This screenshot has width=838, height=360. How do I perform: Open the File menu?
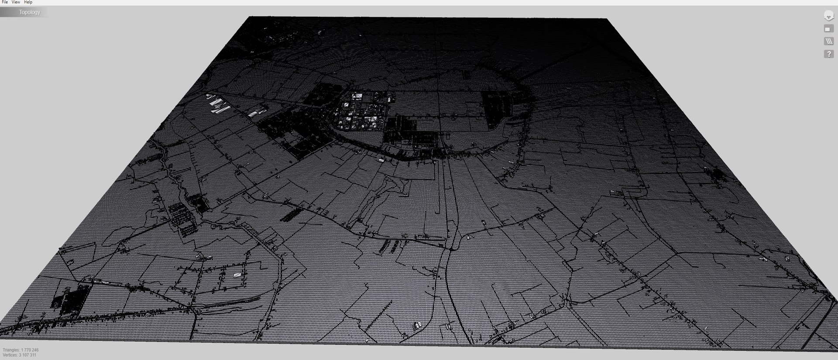pos(5,2)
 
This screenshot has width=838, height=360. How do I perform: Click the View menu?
pos(16,2)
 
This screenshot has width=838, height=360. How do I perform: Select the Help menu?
pos(28,2)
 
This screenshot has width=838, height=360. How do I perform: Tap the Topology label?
pos(29,12)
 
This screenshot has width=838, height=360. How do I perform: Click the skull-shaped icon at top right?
pos(828,16)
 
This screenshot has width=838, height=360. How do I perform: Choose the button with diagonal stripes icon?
pos(828,41)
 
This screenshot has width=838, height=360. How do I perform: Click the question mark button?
pos(828,54)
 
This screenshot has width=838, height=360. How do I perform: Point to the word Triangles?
pos(11,350)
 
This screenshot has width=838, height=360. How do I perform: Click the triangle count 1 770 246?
pos(30,350)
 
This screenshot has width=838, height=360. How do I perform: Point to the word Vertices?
pos(10,355)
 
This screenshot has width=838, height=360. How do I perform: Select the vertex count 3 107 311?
pos(27,355)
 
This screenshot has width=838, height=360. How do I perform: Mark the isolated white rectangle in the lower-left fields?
pos(237,275)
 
